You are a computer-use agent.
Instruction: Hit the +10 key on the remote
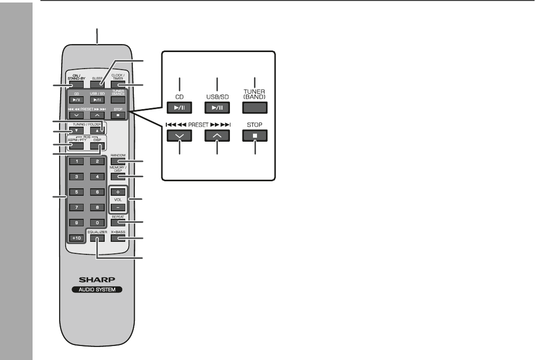pos(76,238)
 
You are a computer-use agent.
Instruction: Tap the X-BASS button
pos(118,238)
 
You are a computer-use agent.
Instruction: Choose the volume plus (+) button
pos(118,192)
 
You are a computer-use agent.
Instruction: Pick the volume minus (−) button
pos(118,206)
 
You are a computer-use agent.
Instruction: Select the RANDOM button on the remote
pos(118,161)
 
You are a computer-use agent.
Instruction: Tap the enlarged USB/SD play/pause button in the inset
pos(217,107)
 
